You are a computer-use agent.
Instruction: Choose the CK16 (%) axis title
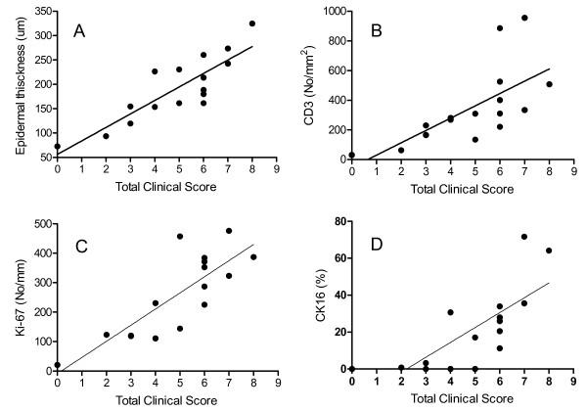(x=312, y=297)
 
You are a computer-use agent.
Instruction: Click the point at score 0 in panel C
(x=58, y=364)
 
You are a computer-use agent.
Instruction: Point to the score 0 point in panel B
(x=352, y=155)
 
